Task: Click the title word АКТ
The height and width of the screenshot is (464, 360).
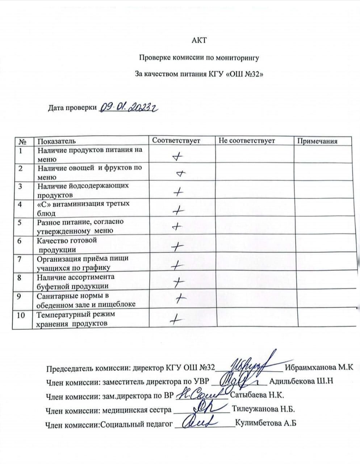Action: point(199,40)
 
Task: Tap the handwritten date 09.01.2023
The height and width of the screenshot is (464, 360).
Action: point(129,106)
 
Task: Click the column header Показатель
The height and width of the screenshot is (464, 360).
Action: point(56,141)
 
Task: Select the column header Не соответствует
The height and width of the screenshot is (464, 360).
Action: point(247,140)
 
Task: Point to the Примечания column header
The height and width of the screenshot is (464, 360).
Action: point(317,141)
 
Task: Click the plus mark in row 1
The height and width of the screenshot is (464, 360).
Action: point(177,157)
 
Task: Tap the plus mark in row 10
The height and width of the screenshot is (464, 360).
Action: point(176,319)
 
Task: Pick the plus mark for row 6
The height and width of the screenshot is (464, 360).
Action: point(177,247)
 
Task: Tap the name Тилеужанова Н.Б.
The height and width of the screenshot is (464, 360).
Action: point(263,410)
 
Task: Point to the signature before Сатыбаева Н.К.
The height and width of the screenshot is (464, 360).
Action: point(202,394)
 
